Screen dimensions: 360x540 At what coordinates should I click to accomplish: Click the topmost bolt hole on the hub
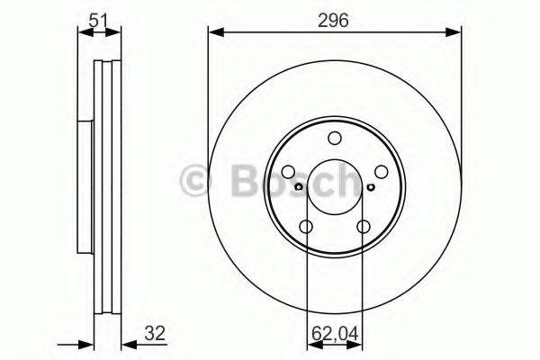pyautogui.click(x=335, y=138)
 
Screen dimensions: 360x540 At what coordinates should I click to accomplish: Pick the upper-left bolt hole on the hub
pyautogui.click(x=288, y=172)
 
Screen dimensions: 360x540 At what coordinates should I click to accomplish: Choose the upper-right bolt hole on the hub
pyautogui.click(x=382, y=172)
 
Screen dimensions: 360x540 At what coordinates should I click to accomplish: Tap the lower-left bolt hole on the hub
pyautogui.click(x=306, y=228)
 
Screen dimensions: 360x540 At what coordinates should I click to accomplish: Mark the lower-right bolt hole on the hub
pyautogui.click(x=364, y=228)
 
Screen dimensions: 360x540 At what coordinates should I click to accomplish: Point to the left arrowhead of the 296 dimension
pyautogui.click(x=214, y=33)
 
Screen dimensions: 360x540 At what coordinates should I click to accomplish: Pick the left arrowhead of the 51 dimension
pyautogui.click(x=84, y=33)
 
